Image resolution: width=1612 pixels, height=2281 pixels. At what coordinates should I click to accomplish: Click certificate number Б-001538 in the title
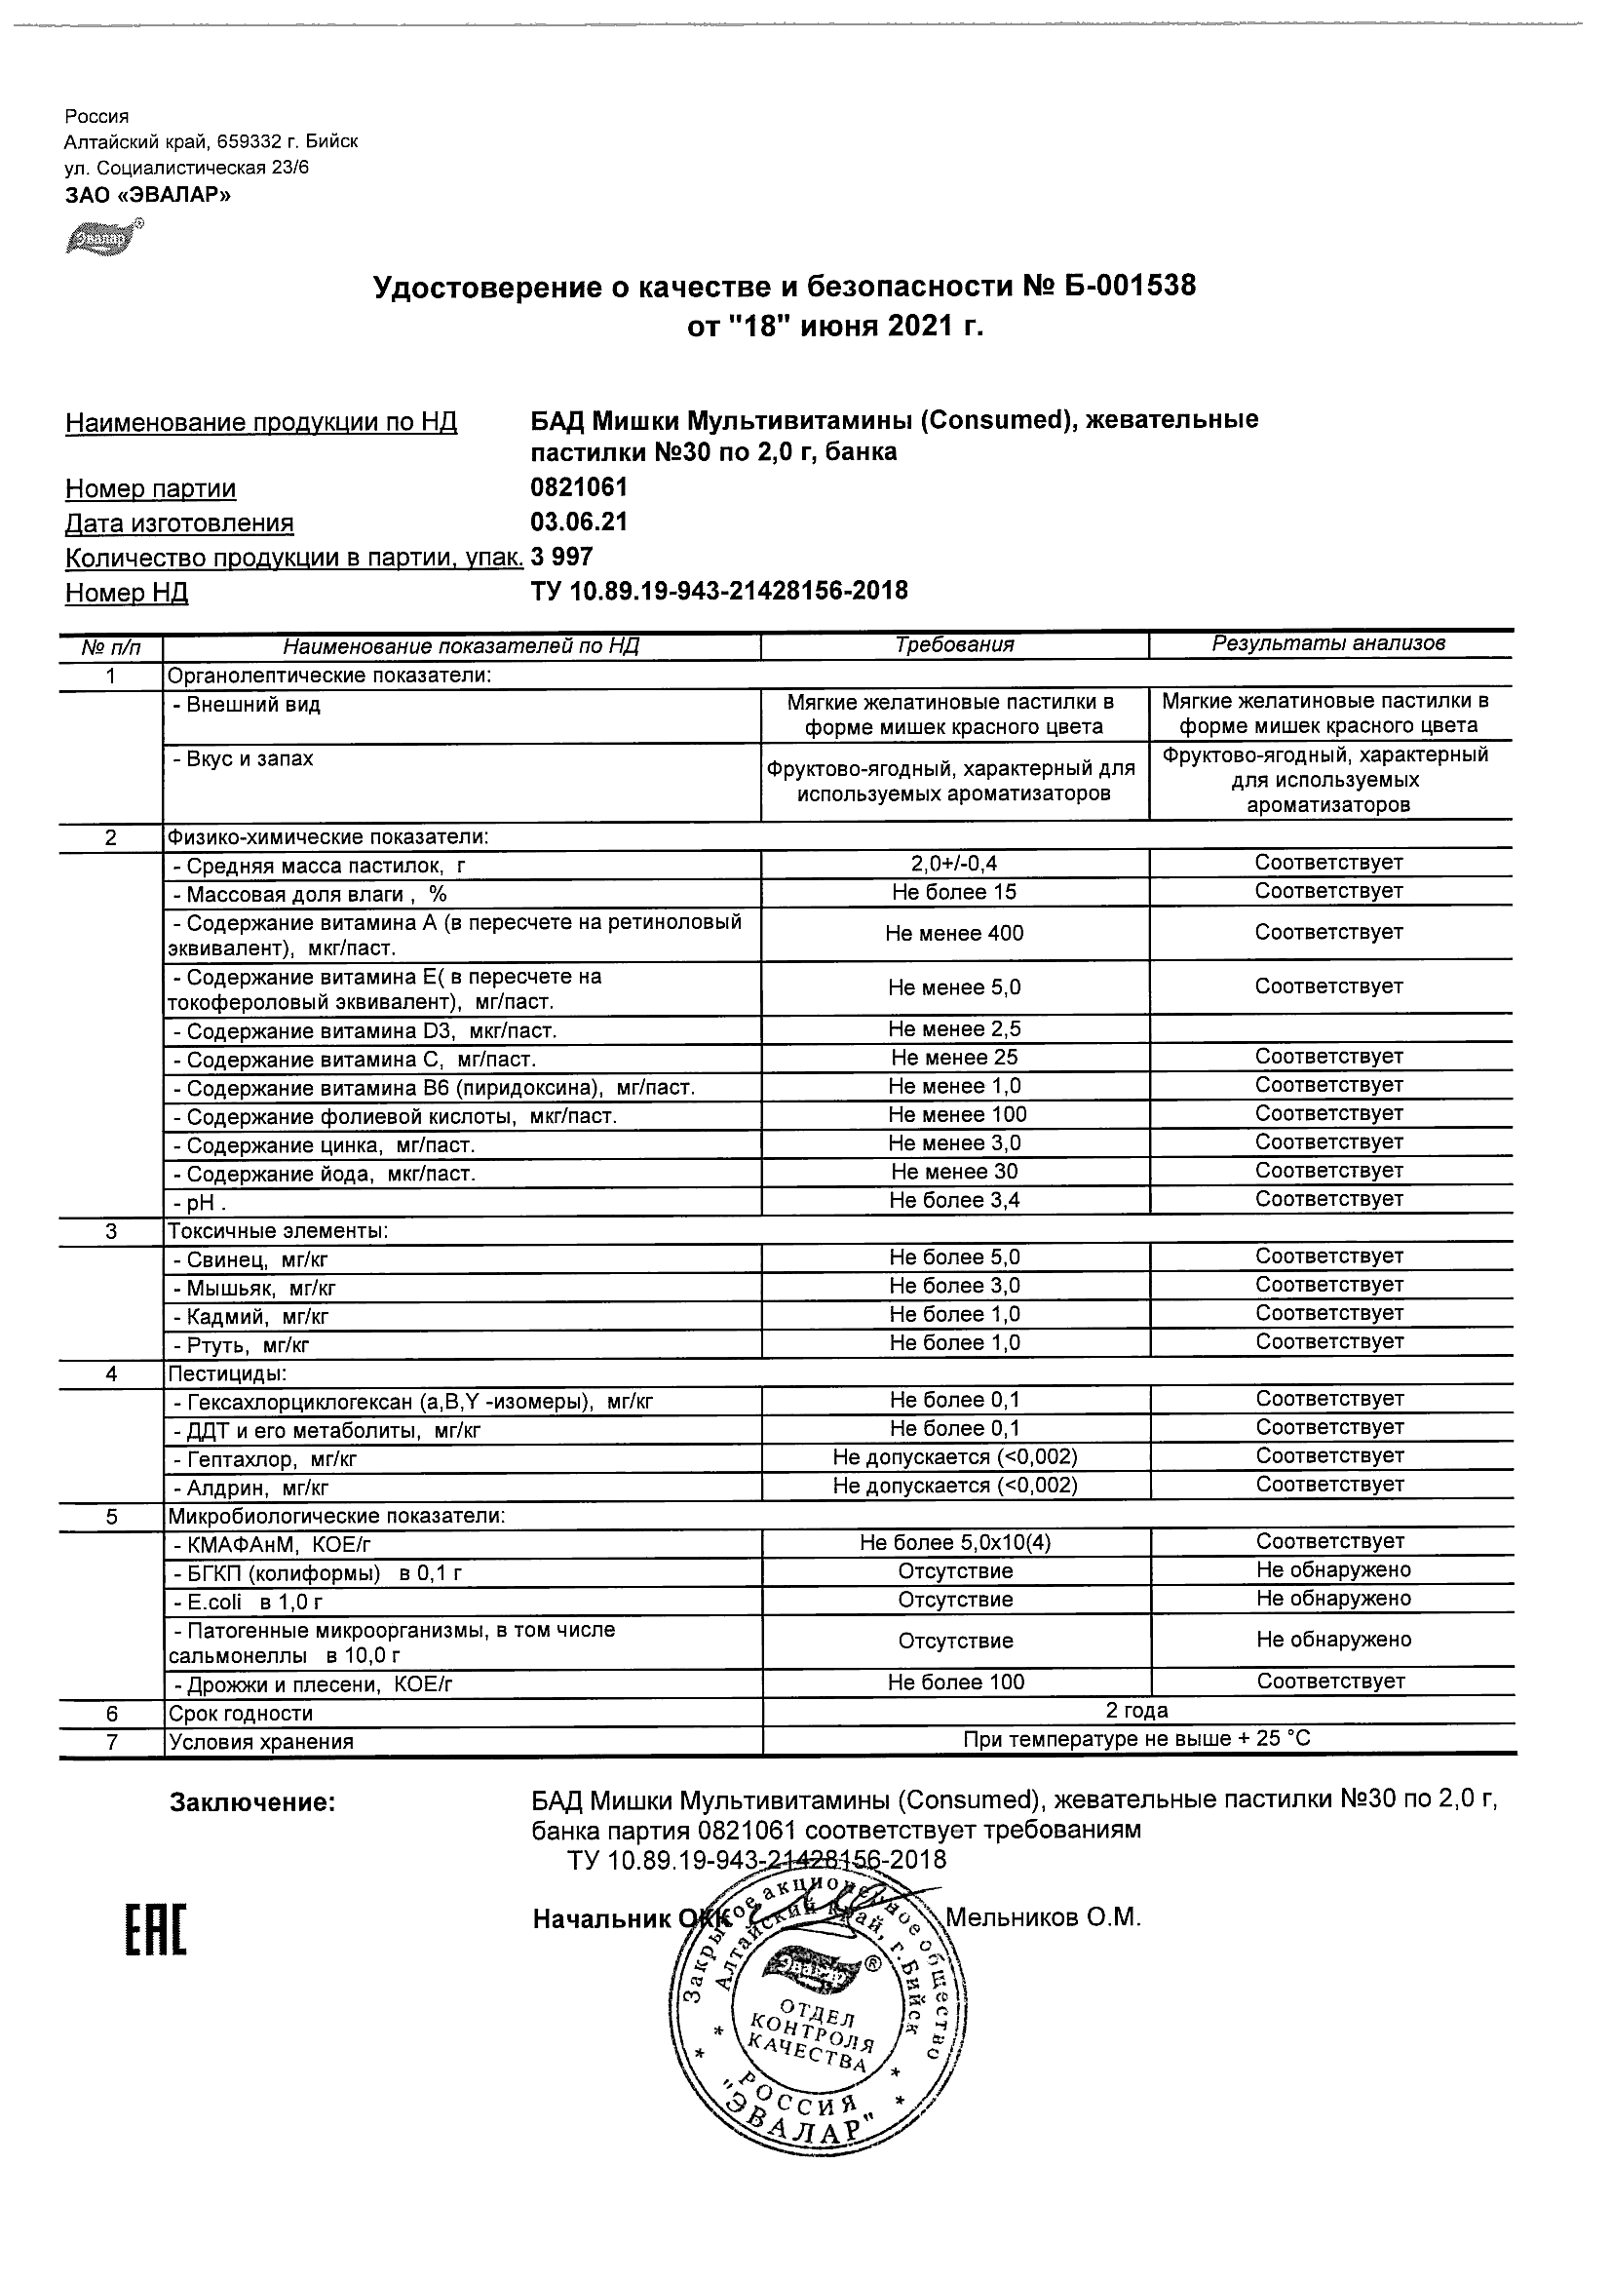pyautogui.click(x=1130, y=288)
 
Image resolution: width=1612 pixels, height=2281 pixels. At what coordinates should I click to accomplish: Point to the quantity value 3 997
pyautogui.click(x=562, y=557)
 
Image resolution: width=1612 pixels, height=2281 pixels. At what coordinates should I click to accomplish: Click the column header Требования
pyautogui.click(x=954, y=644)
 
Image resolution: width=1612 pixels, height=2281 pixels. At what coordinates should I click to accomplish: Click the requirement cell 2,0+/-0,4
pyautogui.click(x=954, y=865)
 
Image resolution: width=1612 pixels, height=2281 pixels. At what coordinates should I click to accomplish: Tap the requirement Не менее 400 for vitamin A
pyautogui.click(x=954, y=934)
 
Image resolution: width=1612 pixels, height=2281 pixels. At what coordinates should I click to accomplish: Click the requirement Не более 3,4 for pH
pyautogui.click(x=954, y=1200)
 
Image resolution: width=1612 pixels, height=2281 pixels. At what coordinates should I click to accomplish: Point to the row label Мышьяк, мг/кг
pyautogui.click(x=260, y=1289)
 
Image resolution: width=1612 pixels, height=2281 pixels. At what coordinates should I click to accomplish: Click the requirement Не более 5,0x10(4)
pyautogui.click(x=954, y=1543)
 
